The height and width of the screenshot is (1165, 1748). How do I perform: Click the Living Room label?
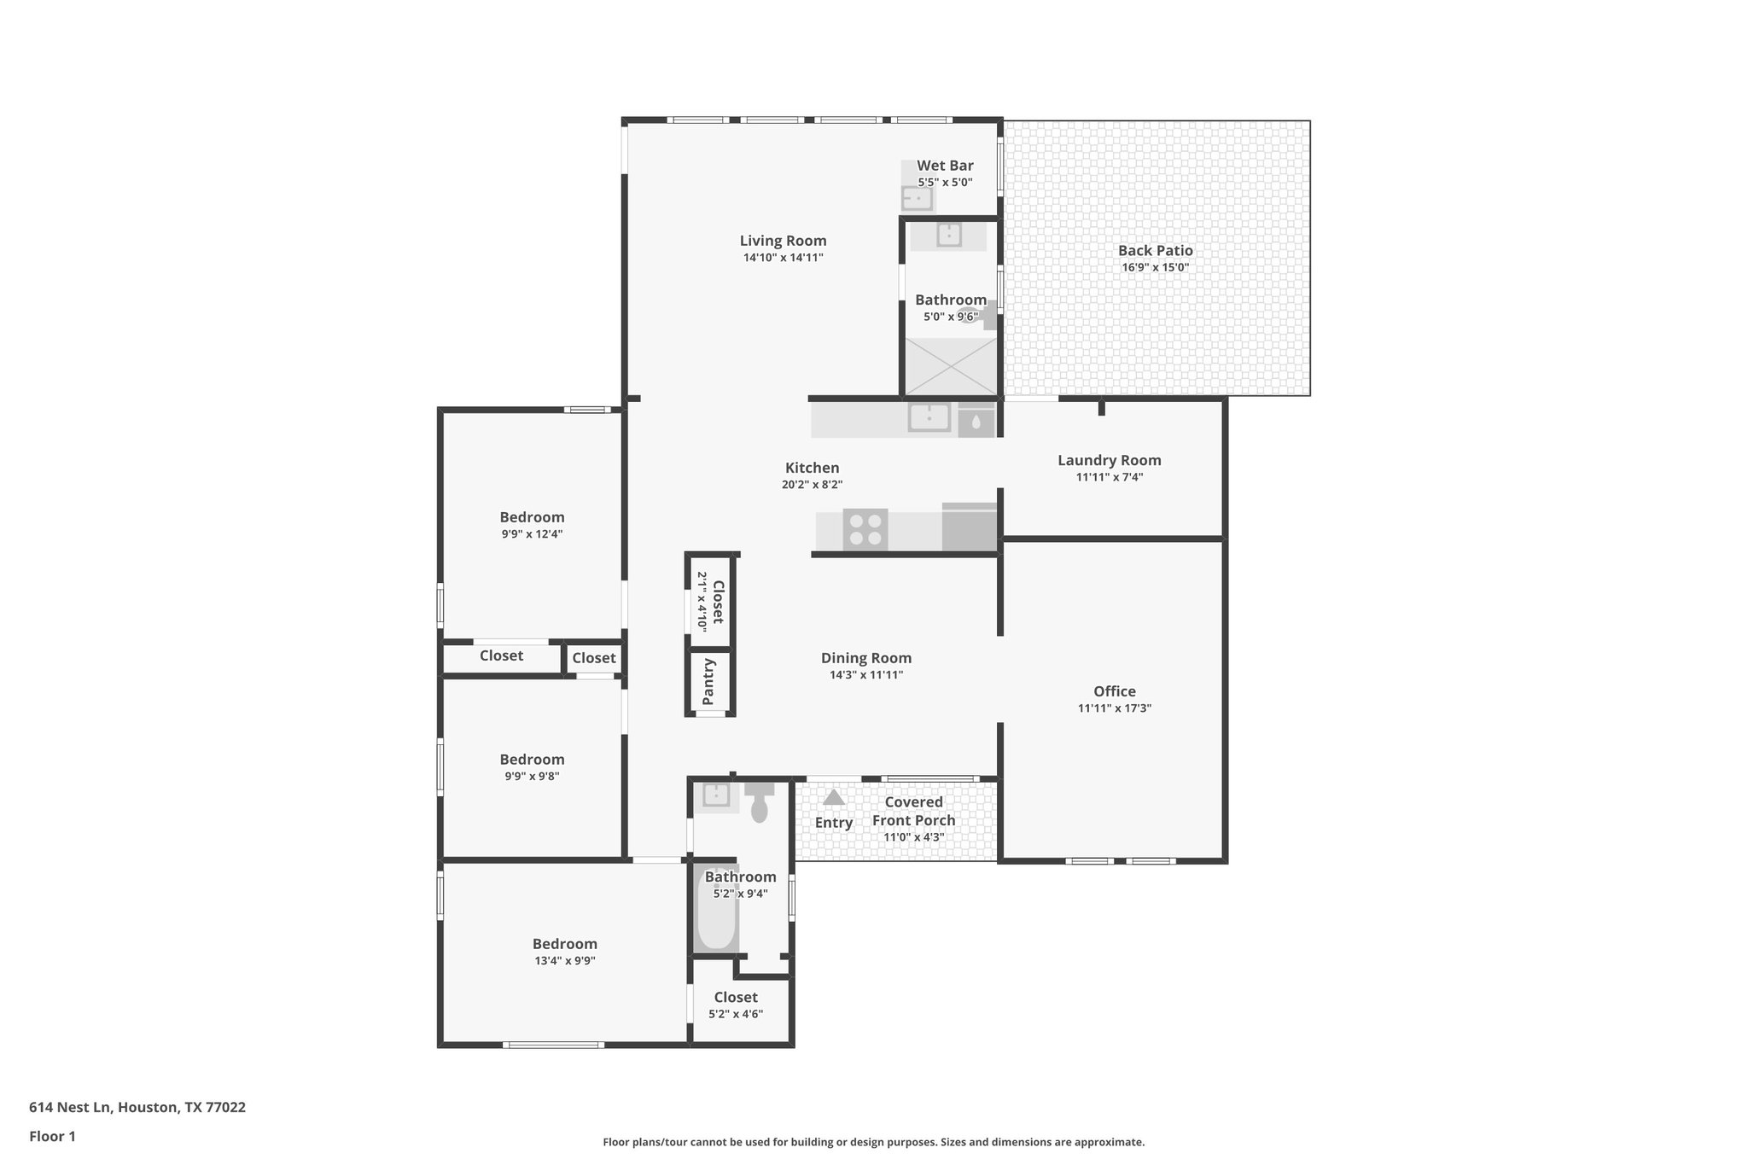(783, 241)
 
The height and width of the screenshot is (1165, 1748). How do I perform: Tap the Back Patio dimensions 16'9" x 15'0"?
(1155, 267)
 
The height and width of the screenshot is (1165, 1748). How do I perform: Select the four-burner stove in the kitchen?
(865, 529)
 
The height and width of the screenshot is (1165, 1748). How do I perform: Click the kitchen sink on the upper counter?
(929, 417)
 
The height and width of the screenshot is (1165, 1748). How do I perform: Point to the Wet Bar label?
(945, 166)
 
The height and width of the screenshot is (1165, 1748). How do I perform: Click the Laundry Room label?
(1109, 460)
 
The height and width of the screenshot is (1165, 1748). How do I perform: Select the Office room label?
(1114, 691)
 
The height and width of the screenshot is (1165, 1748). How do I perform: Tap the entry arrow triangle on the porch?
(833, 797)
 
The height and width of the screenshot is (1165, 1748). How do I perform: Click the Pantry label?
(708, 681)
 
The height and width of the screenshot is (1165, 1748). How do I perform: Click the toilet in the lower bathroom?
(759, 803)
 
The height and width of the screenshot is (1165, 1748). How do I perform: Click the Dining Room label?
(865, 658)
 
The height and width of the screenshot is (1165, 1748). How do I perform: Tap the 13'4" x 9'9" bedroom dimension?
(564, 960)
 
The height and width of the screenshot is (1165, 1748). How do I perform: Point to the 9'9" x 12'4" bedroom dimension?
(532, 534)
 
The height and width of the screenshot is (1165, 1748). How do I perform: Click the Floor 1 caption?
(52, 1136)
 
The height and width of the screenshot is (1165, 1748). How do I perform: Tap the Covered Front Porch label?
(913, 811)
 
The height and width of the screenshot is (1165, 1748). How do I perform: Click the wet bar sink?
(917, 198)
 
